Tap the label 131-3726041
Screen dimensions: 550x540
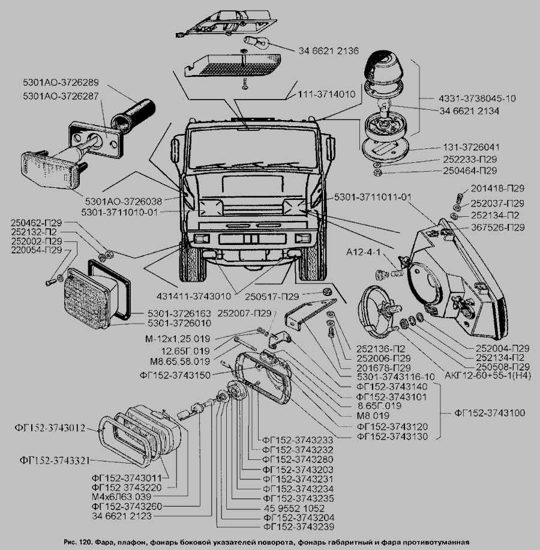pyautogui.click(x=469, y=147)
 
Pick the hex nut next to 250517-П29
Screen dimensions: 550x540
pyautogui.click(x=327, y=292)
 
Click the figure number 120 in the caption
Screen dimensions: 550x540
pyautogui.click(x=85, y=542)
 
